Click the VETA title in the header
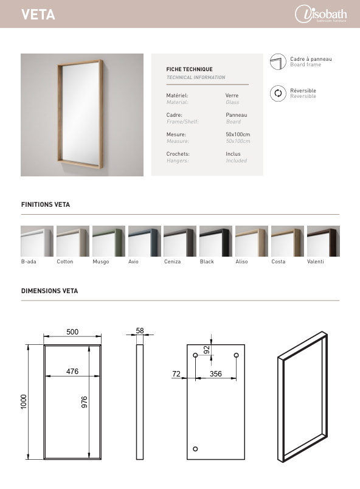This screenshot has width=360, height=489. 38,15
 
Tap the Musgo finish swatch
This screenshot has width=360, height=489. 109,241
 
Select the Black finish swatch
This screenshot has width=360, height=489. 215,241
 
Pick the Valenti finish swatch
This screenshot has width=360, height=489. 323,241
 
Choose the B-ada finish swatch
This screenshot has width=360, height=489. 37,241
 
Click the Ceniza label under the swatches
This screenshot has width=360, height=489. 171,262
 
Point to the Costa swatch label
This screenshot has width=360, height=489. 278,262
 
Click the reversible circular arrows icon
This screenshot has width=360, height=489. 278,93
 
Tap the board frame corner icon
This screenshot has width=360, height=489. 278,61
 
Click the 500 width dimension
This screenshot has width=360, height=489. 72,331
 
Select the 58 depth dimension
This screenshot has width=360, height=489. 140,331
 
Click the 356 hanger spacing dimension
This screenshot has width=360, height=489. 215,374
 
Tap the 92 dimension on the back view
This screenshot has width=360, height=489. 206,350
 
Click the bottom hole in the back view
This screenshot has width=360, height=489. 195,449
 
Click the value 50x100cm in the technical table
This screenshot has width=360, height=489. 238,134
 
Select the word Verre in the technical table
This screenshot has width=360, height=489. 232,95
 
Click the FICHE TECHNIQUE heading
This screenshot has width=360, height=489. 190,70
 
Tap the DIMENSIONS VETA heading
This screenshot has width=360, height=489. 49,291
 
